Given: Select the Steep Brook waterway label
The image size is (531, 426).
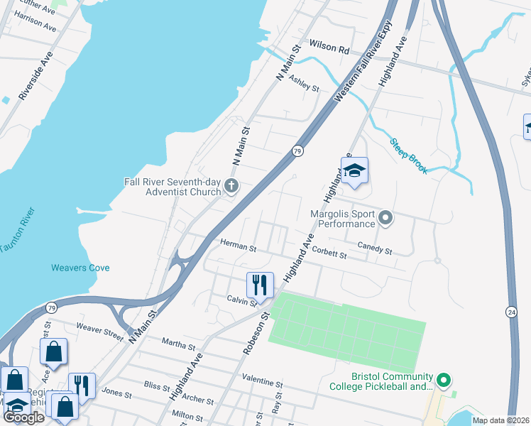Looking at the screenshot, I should coord(407,155).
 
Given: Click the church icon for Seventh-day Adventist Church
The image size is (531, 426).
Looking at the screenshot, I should coord(231,186).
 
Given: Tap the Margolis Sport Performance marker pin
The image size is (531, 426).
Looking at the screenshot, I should coord(385,217).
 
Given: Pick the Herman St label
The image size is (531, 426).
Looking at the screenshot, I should coord(238,246).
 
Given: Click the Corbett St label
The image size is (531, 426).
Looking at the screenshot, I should coord(329,253).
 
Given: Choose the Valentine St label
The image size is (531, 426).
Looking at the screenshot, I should coord(262,381).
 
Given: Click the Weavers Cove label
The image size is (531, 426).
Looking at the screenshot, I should coord(80,268).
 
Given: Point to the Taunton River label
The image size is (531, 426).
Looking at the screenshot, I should coord(18,231).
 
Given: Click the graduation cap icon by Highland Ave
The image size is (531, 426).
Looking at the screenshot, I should coord(354,171).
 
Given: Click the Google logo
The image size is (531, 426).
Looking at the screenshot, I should coord(23,418).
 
